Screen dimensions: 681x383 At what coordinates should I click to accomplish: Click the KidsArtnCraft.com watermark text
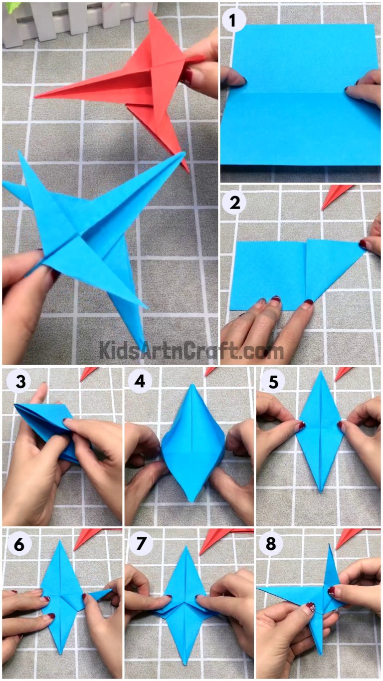pyautogui.click(x=191, y=350)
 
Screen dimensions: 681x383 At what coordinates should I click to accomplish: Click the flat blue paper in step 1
pyautogui.click(x=299, y=100)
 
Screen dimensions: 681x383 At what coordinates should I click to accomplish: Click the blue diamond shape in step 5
pyautogui.click(x=319, y=429)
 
